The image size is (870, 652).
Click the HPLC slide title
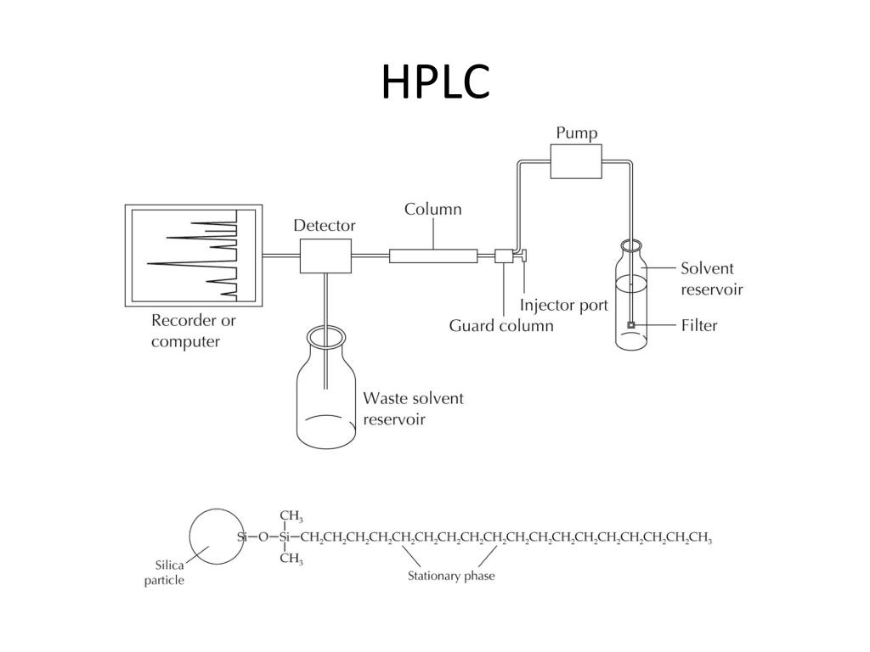[435, 81]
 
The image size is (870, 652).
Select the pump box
[575, 160]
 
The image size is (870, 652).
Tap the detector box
[325, 256]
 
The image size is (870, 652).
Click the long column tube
[432, 255]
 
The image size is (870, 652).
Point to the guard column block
[503, 256]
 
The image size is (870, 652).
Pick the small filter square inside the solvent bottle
[630, 325]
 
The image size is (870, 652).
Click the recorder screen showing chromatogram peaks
[193, 256]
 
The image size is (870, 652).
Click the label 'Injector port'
[564, 305]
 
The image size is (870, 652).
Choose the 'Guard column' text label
[501, 326]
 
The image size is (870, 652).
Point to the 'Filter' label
[699, 325]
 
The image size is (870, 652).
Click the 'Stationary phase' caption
[451, 576]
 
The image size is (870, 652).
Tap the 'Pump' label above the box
[576, 133]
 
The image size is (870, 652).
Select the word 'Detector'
[325, 226]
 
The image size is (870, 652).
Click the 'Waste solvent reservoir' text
[413, 408]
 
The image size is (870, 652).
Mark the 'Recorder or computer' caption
[194, 331]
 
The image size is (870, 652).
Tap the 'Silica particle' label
[169, 573]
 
